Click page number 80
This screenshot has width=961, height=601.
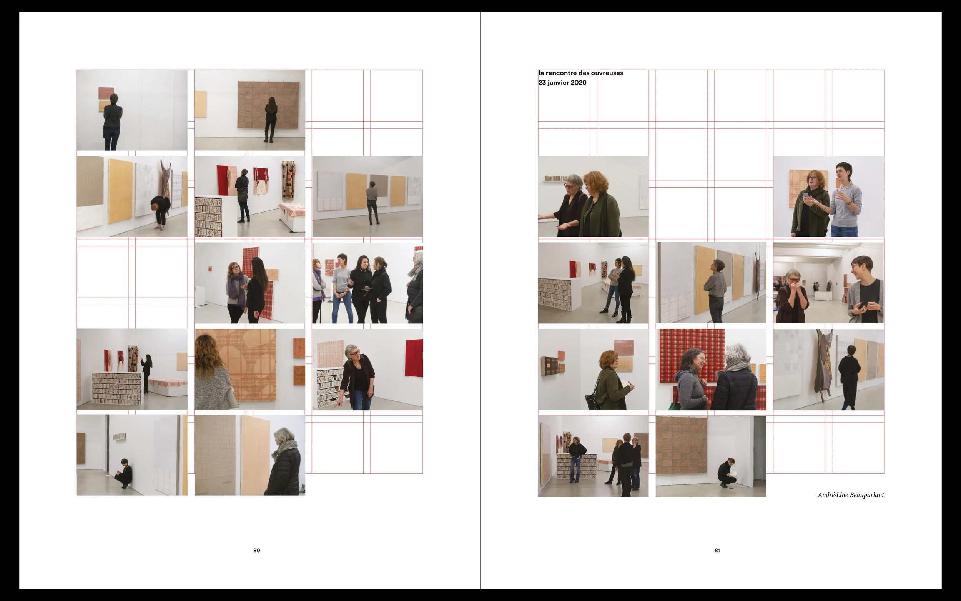(257, 551)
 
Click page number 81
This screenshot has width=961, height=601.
(717, 551)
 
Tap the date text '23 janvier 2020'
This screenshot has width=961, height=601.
(562, 83)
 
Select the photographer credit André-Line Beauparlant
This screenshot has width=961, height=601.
(851, 495)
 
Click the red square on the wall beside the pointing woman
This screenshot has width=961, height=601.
(414, 358)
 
